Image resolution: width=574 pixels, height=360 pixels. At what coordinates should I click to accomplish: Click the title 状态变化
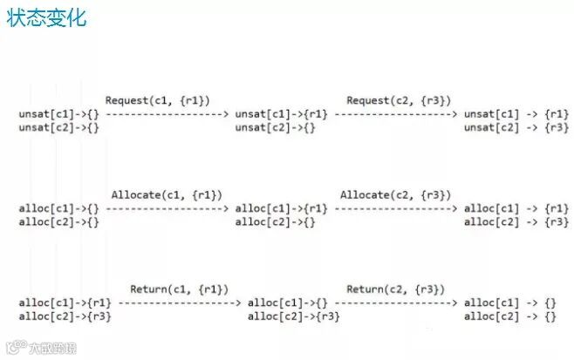[x=46, y=18]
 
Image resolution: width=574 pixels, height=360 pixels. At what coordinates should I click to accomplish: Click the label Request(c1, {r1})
[x=157, y=100]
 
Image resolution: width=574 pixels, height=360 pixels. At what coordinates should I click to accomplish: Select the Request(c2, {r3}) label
[x=399, y=100]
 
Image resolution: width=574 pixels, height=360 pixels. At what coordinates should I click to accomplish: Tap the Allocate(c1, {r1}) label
[x=167, y=194]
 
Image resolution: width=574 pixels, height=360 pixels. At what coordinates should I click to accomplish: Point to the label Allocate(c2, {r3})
[x=395, y=194]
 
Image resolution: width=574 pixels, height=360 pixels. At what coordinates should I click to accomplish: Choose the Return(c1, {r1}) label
[x=179, y=289]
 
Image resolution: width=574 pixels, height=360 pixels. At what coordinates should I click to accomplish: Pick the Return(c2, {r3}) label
[x=395, y=289]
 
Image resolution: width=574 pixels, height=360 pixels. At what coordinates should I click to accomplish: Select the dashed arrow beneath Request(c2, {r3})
[x=395, y=114]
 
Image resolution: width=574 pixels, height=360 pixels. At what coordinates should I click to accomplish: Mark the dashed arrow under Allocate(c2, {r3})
[x=395, y=208]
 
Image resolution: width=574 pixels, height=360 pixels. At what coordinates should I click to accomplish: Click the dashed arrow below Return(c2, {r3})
[x=395, y=302]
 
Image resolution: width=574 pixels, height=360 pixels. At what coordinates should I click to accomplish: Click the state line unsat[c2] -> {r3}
[x=516, y=128]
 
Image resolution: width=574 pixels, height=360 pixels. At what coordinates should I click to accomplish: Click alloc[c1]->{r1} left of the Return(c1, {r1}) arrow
[x=65, y=302]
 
